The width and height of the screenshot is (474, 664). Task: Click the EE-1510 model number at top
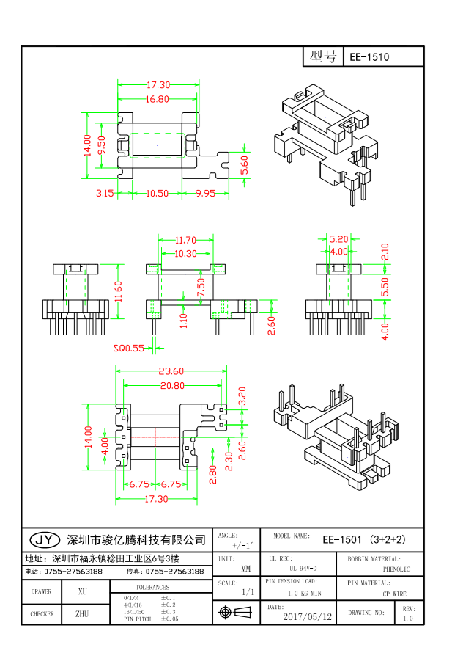pos(369,57)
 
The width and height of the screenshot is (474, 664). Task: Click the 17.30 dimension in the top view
pos(158,85)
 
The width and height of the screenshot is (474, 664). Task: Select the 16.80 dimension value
pos(158,99)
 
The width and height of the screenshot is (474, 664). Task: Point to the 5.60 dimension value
pos(245,164)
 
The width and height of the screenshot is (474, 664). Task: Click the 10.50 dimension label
pos(157,194)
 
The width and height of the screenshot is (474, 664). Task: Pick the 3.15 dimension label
pos(105,194)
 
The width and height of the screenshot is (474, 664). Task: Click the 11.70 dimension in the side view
pos(185,240)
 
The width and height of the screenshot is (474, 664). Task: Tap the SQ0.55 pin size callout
pos(128,349)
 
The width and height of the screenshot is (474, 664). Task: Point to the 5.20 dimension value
pos(338,239)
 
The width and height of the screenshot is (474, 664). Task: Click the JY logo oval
pos(44,540)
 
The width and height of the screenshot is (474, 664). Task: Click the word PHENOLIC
pos(396,569)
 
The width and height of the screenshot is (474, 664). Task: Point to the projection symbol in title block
pos(226,612)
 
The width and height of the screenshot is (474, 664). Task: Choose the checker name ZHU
pos(82,613)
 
